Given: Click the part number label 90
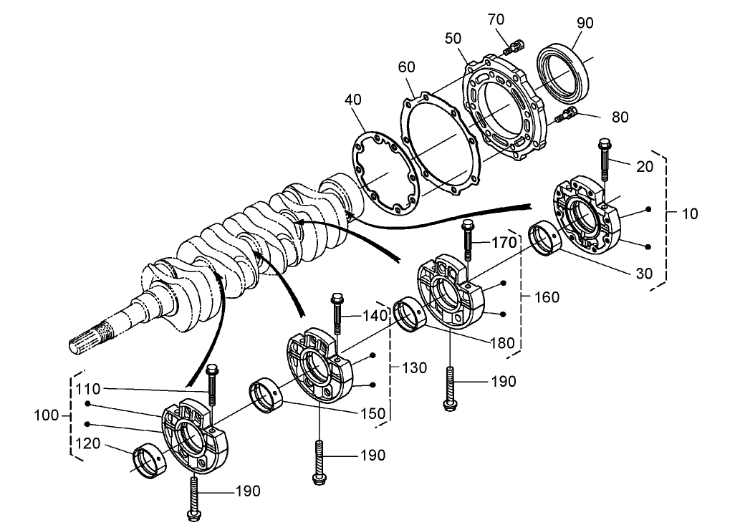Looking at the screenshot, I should pos(585,22).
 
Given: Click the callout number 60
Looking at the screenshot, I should pos(407,67).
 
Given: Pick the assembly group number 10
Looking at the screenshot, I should pos(690,213).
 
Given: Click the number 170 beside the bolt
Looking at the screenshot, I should pos(504,244).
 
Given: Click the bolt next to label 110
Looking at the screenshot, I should pos(211,387).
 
